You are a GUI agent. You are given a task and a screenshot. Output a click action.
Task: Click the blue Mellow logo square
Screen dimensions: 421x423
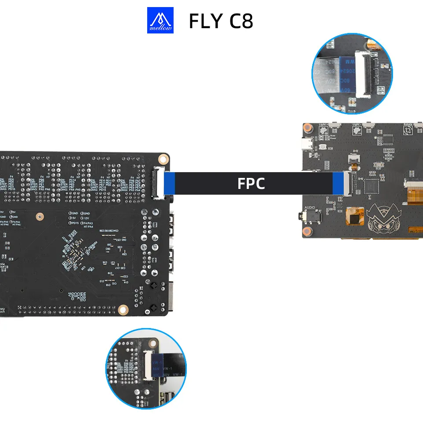160,20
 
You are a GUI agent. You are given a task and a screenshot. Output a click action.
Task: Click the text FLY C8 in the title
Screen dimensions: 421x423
221,21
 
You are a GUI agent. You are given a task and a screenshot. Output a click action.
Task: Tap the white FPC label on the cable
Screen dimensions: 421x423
251,184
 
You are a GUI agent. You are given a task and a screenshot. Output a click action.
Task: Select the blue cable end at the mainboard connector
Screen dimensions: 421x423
170,183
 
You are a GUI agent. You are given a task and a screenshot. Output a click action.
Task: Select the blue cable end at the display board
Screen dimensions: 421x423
338,183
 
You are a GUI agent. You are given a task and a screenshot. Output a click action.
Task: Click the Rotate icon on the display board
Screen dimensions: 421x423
408,131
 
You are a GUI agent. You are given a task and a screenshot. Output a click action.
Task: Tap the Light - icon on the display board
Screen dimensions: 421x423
356,129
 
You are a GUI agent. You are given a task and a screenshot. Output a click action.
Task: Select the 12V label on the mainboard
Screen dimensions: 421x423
87,218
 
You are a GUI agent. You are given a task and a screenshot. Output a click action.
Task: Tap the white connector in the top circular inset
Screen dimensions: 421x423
365,75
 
